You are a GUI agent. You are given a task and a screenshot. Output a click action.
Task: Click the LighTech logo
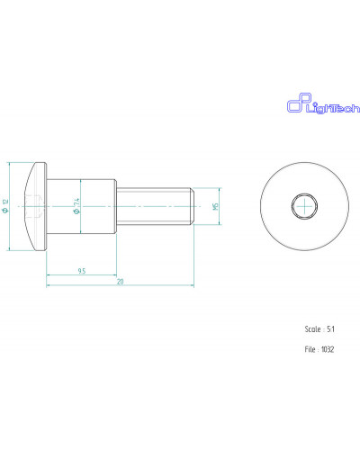click(x=323, y=103)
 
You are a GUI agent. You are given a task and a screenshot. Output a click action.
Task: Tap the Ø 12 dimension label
click(x=5, y=206)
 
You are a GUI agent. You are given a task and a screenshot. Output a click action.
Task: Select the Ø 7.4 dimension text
click(x=76, y=206)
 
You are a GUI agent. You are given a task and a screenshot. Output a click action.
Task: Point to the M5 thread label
click(x=215, y=206)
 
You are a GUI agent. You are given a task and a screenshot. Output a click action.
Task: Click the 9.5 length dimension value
click(x=82, y=271)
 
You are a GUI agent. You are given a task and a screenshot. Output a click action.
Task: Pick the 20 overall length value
click(x=121, y=282)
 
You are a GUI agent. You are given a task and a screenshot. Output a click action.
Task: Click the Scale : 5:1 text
click(x=319, y=329)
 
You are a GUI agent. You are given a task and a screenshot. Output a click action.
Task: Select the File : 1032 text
click(x=319, y=349)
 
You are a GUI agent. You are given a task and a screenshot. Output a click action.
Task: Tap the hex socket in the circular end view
click(x=304, y=206)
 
